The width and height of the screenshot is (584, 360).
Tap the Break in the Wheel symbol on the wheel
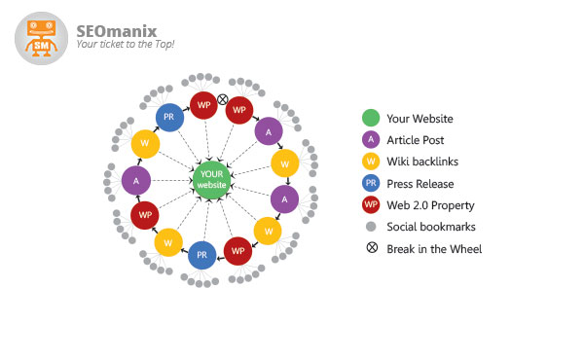tap(222, 99)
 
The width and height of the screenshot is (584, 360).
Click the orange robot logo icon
tap(42, 38)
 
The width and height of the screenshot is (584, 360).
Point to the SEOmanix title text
tap(116, 30)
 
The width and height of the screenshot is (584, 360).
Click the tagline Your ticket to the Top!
tap(126, 45)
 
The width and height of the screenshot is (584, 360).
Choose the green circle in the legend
tap(371, 119)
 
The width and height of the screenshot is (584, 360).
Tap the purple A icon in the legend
tap(371, 140)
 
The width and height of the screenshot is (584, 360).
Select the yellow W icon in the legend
tap(371, 162)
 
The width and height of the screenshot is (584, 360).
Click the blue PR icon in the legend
tap(371, 183)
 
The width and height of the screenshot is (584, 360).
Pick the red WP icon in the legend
tap(371, 205)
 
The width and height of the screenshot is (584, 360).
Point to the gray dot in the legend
tap(371, 227)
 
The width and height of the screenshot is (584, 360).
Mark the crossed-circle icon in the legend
tap(371, 248)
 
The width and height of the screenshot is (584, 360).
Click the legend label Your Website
tap(420, 119)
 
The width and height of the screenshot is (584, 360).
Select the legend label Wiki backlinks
tap(423, 162)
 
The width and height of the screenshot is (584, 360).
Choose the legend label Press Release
tap(420, 183)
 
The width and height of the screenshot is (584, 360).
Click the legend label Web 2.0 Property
tap(430, 205)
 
